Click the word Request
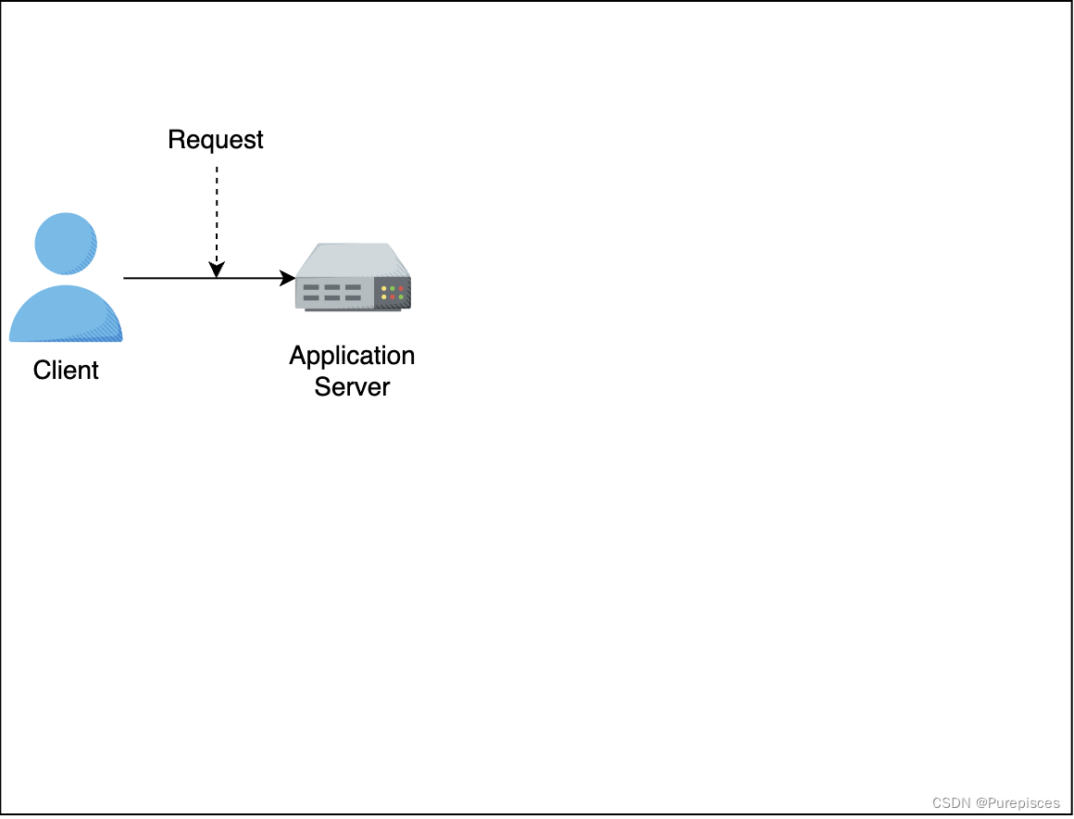tap(216, 140)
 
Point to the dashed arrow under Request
tap(217, 213)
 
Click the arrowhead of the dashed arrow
tap(217, 271)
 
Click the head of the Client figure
tap(66, 244)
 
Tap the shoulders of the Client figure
tap(66, 315)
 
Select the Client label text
tap(66, 371)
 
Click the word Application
tap(352, 356)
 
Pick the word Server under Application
tap(352, 386)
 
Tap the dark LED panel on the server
tap(393, 293)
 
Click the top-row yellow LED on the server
tap(384, 289)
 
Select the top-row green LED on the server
tap(393, 289)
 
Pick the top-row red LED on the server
tap(401, 289)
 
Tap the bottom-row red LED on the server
tap(393, 297)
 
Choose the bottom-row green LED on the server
tap(401, 297)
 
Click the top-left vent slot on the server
tap(311, 288)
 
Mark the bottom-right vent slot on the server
tap(353, 298)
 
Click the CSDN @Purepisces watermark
tap(995, 802)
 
